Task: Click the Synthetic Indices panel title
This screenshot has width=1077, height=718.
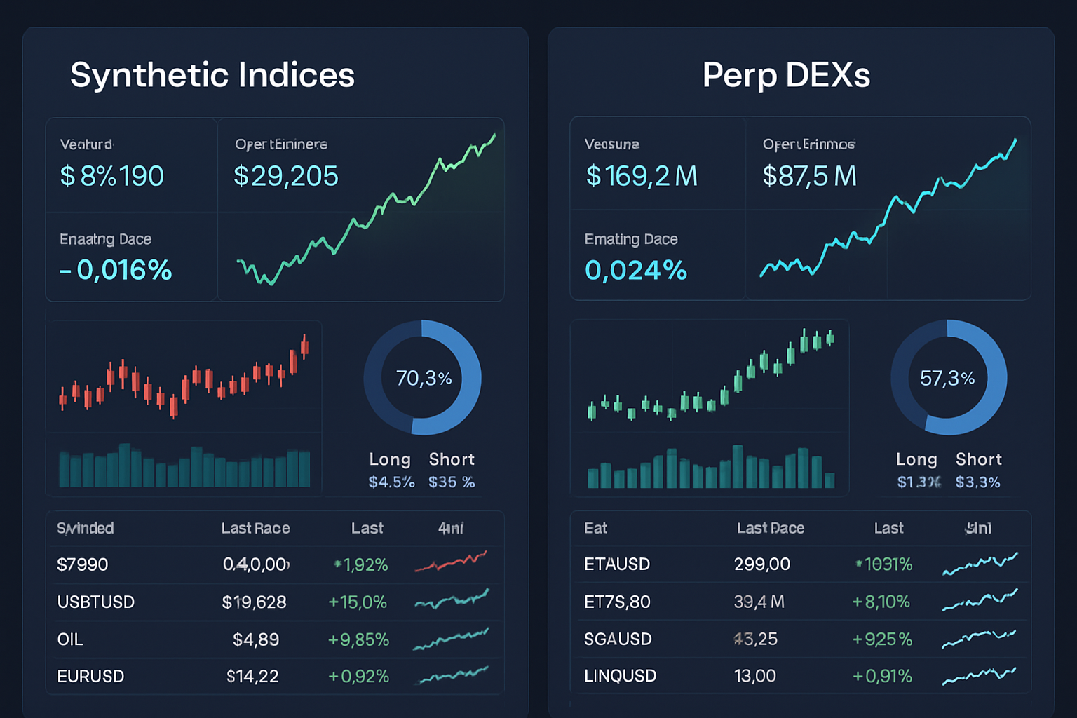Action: tap(212, 75)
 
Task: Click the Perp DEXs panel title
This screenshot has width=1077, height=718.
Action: tap(786, 75)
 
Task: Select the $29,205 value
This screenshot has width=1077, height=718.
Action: tap(286, 176)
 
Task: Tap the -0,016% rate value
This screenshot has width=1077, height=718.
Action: tap(116, 270)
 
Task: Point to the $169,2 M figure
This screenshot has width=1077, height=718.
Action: tap(642, 176)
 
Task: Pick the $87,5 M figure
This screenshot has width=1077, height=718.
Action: tap(810, 176)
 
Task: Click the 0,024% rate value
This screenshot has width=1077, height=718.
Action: tap(636, 270)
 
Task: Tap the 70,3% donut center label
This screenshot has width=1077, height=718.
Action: tap(424, 379)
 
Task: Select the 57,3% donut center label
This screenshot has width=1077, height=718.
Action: tap(947, 379)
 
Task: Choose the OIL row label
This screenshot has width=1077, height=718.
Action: tap(70, 639)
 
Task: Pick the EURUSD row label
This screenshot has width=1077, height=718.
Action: tap(90, 677)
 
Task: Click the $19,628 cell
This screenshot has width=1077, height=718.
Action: tap(254, 602)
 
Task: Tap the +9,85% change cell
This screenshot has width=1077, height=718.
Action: tap(358, 639)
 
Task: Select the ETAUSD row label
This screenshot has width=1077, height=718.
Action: tap(617, 564)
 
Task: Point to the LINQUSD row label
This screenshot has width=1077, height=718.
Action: tap(621, 676)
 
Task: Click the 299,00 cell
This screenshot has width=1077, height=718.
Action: tap(762, 564)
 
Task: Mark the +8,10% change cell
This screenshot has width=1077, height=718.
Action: tap(881, 602)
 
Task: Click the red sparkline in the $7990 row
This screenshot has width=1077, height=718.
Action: tap(451, 562)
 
